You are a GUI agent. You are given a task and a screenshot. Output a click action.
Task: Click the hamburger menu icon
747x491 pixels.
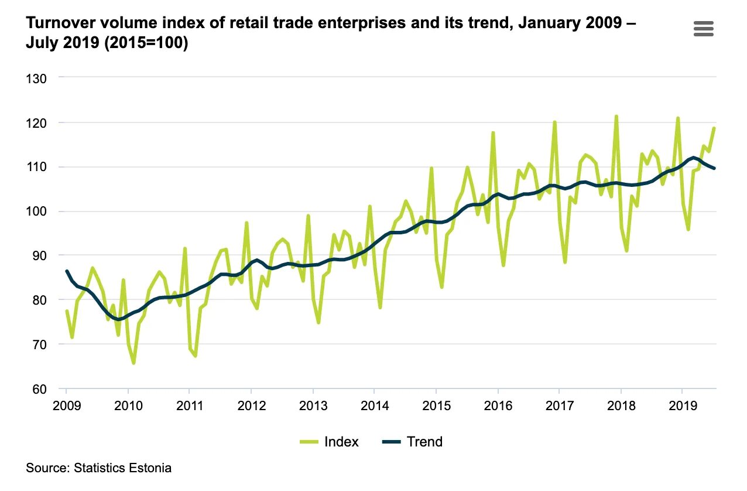point(703,28)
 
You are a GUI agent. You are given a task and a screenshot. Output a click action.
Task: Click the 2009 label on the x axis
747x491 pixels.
point(66,405)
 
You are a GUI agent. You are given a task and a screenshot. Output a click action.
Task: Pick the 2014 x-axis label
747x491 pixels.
point(375,405)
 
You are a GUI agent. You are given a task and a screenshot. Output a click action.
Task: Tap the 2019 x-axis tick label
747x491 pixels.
point(682,405)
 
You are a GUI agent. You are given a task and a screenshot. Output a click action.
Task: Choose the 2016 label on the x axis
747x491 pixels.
point(498,405)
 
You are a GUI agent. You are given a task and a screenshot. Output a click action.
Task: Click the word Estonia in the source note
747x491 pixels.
point(151,468)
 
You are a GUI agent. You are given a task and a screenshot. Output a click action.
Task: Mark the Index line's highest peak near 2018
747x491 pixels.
point(616,117)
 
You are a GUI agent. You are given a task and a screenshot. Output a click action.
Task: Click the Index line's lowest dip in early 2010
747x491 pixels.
point(133,363)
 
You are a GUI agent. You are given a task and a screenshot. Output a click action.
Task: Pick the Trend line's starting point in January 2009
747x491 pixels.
point(67,271)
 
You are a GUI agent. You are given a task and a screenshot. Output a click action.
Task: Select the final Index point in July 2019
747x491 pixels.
point(714,128)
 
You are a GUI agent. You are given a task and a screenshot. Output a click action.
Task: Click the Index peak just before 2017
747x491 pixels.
point(554,122)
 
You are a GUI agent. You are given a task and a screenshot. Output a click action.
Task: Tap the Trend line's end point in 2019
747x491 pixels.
point(714,168)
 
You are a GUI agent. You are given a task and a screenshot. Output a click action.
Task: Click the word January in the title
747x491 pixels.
point(495,24)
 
